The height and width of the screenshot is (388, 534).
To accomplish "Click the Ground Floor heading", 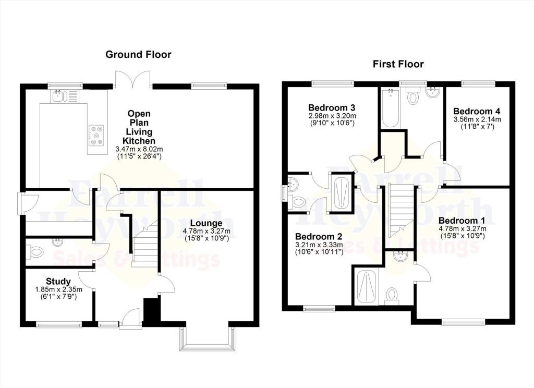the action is (x=138, y=55).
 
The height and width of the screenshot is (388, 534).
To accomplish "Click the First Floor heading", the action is (x=398, y=64).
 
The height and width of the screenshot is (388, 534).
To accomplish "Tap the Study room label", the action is (x=58, y=282).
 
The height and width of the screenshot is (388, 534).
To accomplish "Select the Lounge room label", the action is (x=206, y=223).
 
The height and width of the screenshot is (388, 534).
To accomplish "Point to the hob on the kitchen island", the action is (x=96, y=135).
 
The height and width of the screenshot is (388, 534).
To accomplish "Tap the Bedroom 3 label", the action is (x=331, y=107).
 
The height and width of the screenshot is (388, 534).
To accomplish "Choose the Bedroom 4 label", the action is (x=477, y=111).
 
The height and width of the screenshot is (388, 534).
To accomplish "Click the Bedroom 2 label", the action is (x=319, y=236).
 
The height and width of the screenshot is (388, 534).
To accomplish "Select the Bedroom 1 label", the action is (x=462, y=221).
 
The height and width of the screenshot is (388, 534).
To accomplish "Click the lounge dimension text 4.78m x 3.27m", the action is (x=206, y=231).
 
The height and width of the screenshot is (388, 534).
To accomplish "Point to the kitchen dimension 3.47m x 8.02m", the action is (x=139, y=149).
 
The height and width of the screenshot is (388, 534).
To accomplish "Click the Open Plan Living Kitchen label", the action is (x=139, y=127).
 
